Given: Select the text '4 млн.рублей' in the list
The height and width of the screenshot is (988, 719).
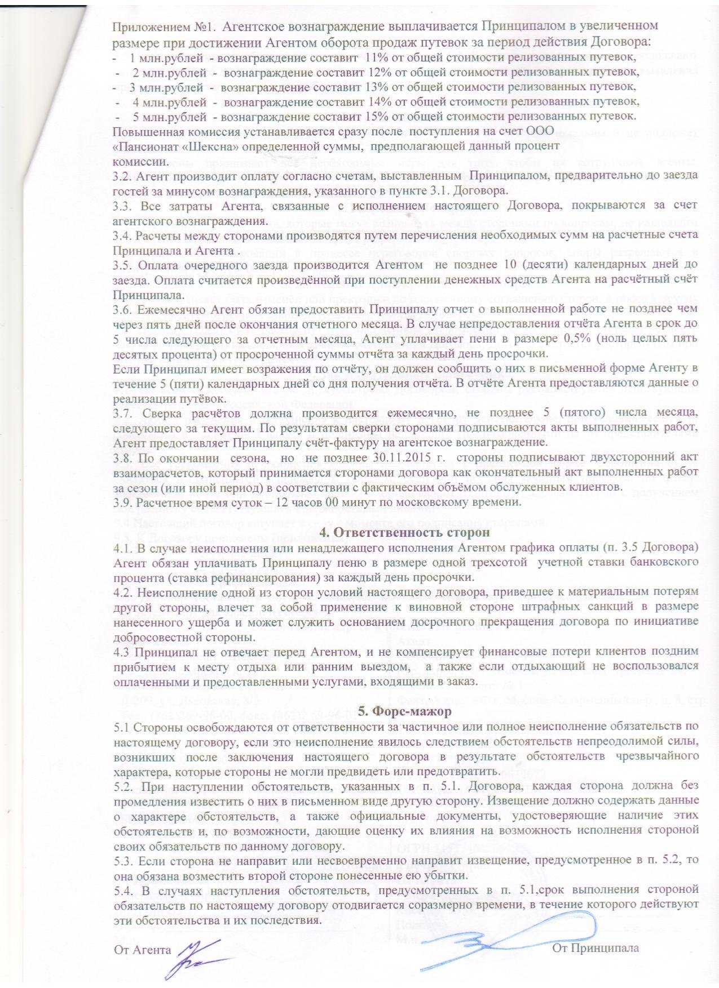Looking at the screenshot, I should coord(168,101).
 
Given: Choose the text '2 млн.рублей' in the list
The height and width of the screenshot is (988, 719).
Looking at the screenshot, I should coord(168,72).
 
